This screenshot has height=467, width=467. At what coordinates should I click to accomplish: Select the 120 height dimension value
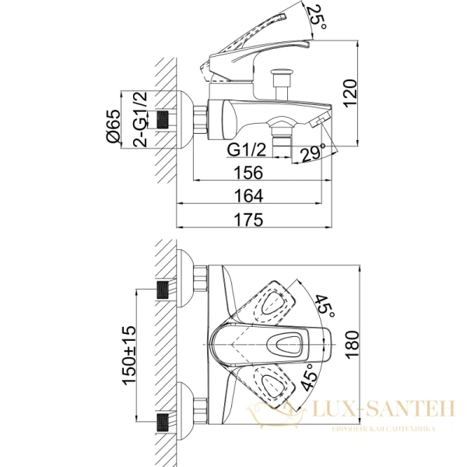click(x=350, y=93)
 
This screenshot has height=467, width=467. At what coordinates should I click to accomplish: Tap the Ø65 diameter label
click(x=113, y=127)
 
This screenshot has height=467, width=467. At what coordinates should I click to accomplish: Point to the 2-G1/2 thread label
click(x=140, y=119)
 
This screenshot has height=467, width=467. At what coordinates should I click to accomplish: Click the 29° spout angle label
click(x=313, y=153)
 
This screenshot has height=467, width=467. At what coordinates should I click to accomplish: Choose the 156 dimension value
click(x=249, y=173)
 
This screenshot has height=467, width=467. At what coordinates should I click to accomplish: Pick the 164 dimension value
click(x=249, y=195)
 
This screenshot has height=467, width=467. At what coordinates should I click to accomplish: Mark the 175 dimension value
click(x=249, y=219)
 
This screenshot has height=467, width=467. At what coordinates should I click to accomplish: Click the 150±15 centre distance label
click(x=128, y=356)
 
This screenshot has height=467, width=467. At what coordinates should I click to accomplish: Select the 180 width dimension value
click(x=353, y=345)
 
